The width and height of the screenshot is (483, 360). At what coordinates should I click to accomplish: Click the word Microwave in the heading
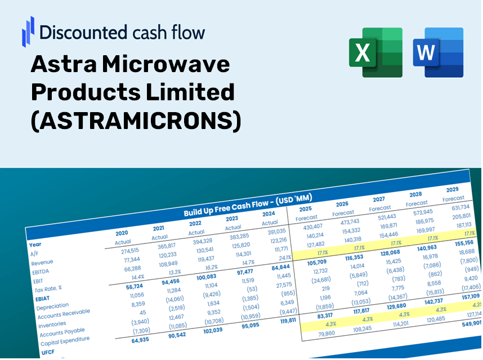coord(169,65)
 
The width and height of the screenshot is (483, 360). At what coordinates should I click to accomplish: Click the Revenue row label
coord(42,263)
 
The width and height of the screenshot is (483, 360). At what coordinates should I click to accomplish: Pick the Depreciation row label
coord(52,306)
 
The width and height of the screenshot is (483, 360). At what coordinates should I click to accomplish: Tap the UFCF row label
coord(48,353)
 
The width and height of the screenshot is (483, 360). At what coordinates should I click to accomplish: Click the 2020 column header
coord(122,232)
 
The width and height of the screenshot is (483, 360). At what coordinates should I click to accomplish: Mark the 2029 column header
coord(452,189)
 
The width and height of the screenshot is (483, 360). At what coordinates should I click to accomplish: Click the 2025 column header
coord(305,208)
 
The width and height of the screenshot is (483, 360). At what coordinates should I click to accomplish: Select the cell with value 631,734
coord(457,207)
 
